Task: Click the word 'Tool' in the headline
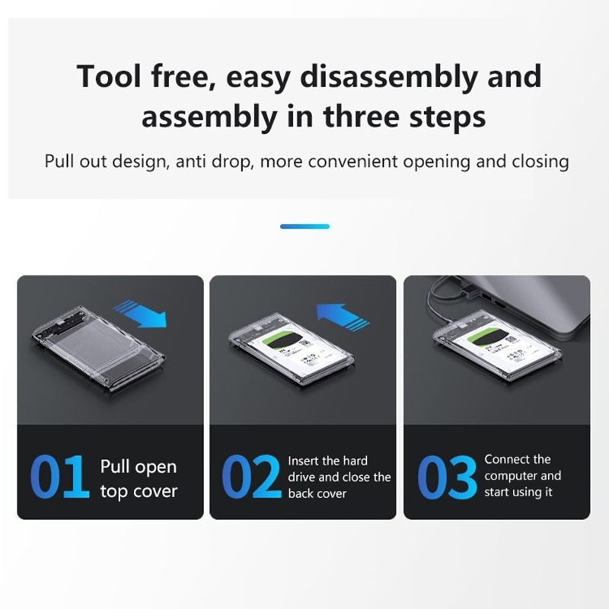tap(109, 75)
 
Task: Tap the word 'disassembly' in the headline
tap(388, 77)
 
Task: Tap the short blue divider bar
tap(305, 226)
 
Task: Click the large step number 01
tap(59, 477)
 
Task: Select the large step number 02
tap(251, 477)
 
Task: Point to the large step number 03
tap(447, 477)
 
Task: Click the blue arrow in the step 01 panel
tap(142, 313)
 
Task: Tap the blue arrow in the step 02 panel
tap(342, 315)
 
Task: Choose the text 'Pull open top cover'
tap(139, 479)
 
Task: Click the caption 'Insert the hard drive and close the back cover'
tap(339, 477)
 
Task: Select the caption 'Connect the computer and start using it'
tap(522, 476)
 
